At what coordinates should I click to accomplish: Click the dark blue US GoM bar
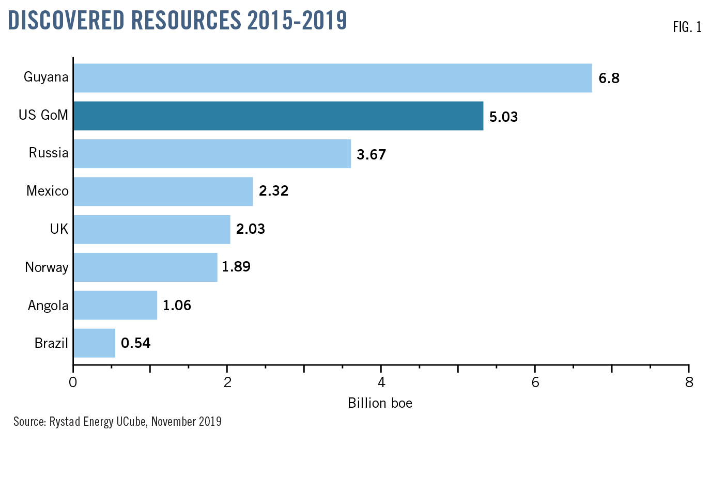pyautogui.click(x=278, y=116)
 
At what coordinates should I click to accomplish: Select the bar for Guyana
pyautogui.click(x=332, y=78)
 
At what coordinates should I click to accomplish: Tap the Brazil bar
pyautogui.click(x=94, y=343)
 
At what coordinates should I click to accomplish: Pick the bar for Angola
pyautogui.click(x=115, y=305)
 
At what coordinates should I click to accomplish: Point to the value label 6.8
pyautogui.click(x=609, y=78)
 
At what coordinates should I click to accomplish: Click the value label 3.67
pyautogui.click(x=371, y=154)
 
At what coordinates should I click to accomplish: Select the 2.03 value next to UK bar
pyautogui.click(x=250, y=229)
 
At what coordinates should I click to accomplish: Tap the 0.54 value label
pyautogui.click(x=135, y=343)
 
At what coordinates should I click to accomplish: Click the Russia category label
pyautogui.click(x=49, y=153)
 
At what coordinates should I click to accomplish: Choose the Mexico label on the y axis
pyautogui.click(x=48, y=191)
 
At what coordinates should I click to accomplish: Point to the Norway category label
pyautogui.click(x=47, y=267)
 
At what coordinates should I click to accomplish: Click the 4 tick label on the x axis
pyautogui.click(x=381, y=382)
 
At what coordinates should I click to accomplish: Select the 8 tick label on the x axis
pyautogui.click(x=689, y=382)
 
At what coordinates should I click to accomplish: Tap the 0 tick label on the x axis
pyautogui.click(x=73, y=382)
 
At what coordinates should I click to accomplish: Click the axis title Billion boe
pyautogui.click(x=380, y=403)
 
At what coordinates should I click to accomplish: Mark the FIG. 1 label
pyautogui.click(x=687, y=27)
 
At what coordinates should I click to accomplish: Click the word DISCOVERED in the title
pyautogui.click(x=67, y=21)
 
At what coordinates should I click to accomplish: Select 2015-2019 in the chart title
pyautogui.click(x=297, y=21)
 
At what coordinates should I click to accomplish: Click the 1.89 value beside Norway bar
pyautogui.click(x=236, y=267)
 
